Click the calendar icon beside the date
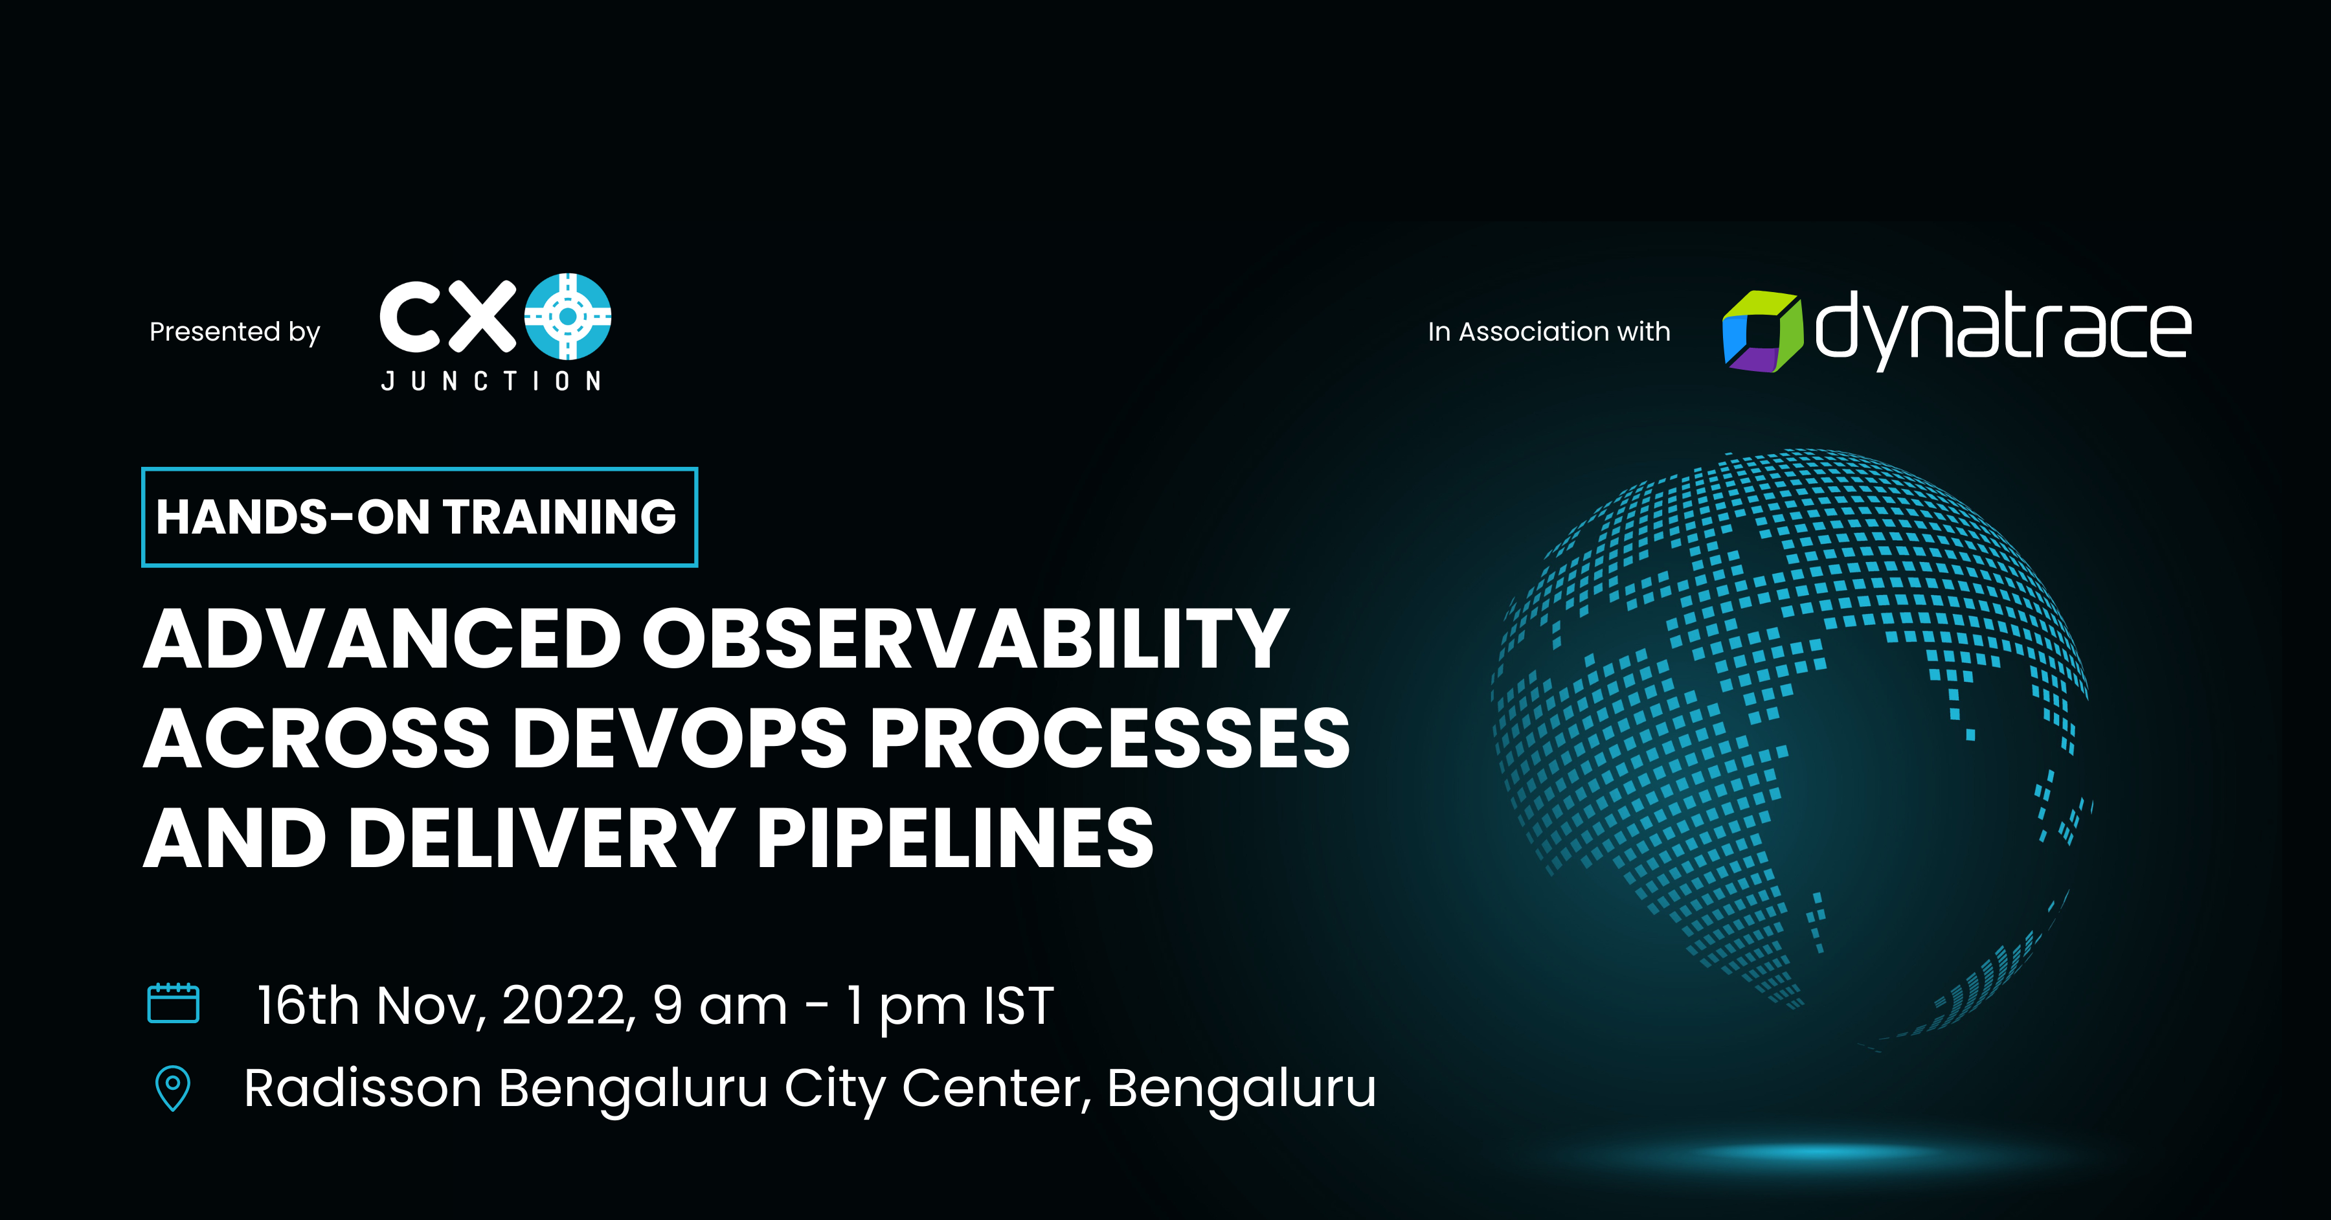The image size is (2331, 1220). (173, 1003)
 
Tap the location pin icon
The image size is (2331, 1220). (173, 1087)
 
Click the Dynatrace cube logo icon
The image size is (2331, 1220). (1761, 332)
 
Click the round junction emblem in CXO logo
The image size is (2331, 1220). (567, 316)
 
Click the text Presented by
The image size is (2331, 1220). (234, 332)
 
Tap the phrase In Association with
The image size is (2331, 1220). (1548, 332)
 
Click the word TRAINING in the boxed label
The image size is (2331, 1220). (559, 517)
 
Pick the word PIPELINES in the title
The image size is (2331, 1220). (954, 839)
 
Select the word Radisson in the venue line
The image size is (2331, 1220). (362, 1088)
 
